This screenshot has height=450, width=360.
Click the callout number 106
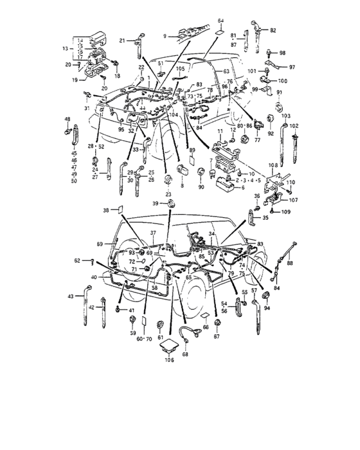(x=169, y=360)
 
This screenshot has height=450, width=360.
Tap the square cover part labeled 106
(x=170, y=345)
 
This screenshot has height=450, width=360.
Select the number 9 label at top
(x=165, y=35)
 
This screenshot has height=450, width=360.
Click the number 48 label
(x=67, y=120)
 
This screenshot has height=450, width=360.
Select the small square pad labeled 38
(x=118, y=210)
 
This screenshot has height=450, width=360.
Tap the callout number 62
(x=77, y=260)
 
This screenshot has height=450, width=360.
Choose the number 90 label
(x=201, y=187)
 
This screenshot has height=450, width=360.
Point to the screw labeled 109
(x=273, y=211)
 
